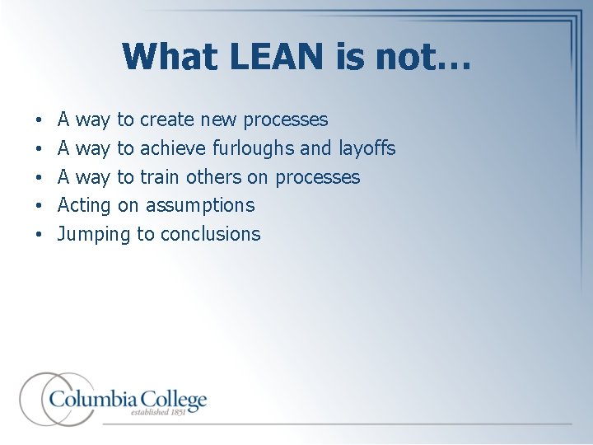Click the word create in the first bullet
[167, 120]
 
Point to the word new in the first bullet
[217, 120]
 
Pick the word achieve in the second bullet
[173, 149]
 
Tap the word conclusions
[210, 234]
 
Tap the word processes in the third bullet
[317, 177]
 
